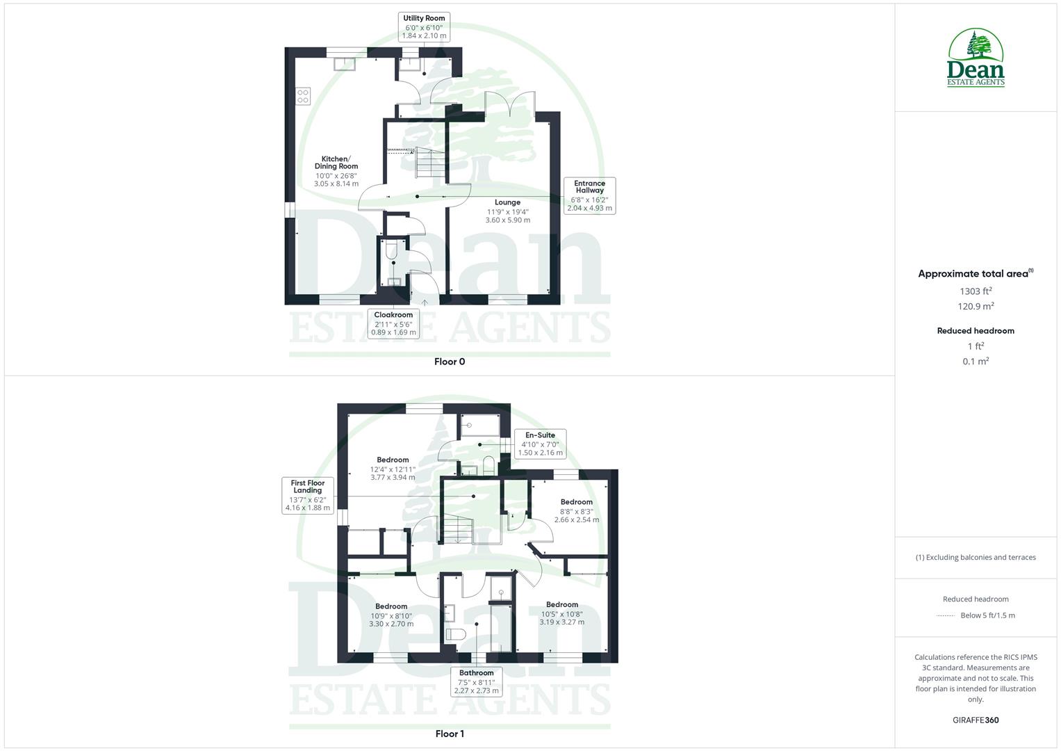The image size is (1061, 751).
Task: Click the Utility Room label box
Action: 424,26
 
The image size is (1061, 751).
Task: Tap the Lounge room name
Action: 507,202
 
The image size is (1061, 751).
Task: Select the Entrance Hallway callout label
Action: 589,195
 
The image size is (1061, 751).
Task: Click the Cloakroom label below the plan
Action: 393,323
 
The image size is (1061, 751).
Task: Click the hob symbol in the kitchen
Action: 303,96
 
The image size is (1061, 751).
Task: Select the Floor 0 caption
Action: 449,362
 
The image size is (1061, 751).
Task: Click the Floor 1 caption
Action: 449,734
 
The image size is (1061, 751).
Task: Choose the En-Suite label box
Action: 540,444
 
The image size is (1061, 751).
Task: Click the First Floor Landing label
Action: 307,495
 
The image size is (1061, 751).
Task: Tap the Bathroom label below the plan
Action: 476,682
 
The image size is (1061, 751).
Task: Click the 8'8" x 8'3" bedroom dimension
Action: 576,511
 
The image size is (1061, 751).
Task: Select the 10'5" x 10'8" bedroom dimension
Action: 561,614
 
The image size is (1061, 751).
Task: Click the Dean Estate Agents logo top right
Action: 976,58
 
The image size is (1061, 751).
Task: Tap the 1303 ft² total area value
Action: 976,291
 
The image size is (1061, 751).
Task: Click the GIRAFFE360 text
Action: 976,720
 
